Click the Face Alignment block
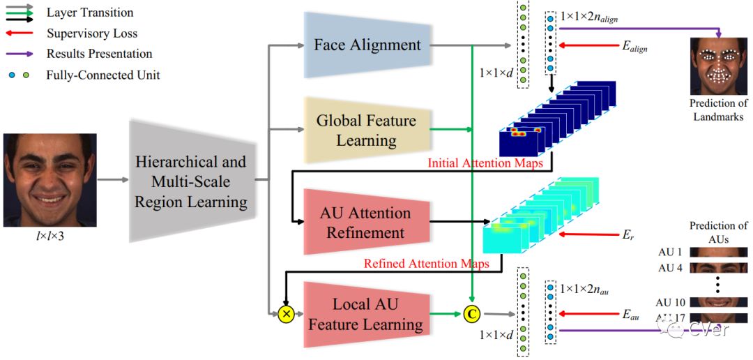click(367, 45)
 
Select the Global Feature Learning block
click(366, 130)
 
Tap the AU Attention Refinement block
click(365, 223)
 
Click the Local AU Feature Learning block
click(366, 314)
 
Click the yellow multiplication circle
click(285, 315)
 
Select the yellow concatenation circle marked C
click(472, 315)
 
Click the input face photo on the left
click(49, 180)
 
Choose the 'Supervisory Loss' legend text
click(92, 33)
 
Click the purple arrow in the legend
click(21, 53)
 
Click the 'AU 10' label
click(671, 302)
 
